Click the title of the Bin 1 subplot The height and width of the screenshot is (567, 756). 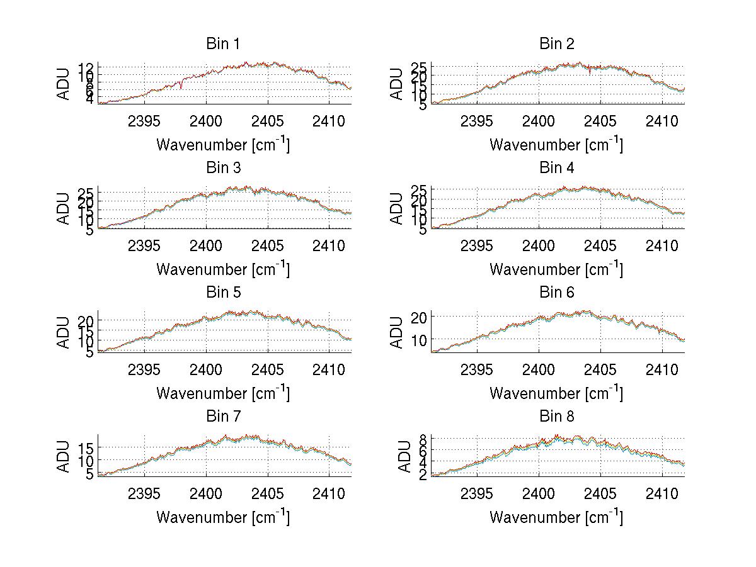tap(222, 44)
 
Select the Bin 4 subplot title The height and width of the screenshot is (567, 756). tap(556, 168)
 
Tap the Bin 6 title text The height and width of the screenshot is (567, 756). tap(556, 293)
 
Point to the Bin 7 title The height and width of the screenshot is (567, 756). tap(222, 417)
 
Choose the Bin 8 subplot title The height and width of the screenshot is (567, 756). tap(556, 417)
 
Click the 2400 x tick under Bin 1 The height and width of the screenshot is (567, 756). tap(206, 121)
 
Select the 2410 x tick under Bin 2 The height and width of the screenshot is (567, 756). tap(661, 121)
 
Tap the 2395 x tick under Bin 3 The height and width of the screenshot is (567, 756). tap(144, 245)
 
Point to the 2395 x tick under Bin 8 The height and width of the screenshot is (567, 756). tap(477, 493)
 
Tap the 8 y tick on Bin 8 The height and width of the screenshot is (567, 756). tap(423, 438)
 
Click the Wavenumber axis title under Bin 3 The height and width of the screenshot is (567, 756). tap(222, 269)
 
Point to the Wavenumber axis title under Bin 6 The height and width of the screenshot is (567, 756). tap(556, 393)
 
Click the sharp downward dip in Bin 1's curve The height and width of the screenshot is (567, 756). tap(181, 88)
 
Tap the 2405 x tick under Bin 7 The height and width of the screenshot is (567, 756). tap(268, 493)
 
